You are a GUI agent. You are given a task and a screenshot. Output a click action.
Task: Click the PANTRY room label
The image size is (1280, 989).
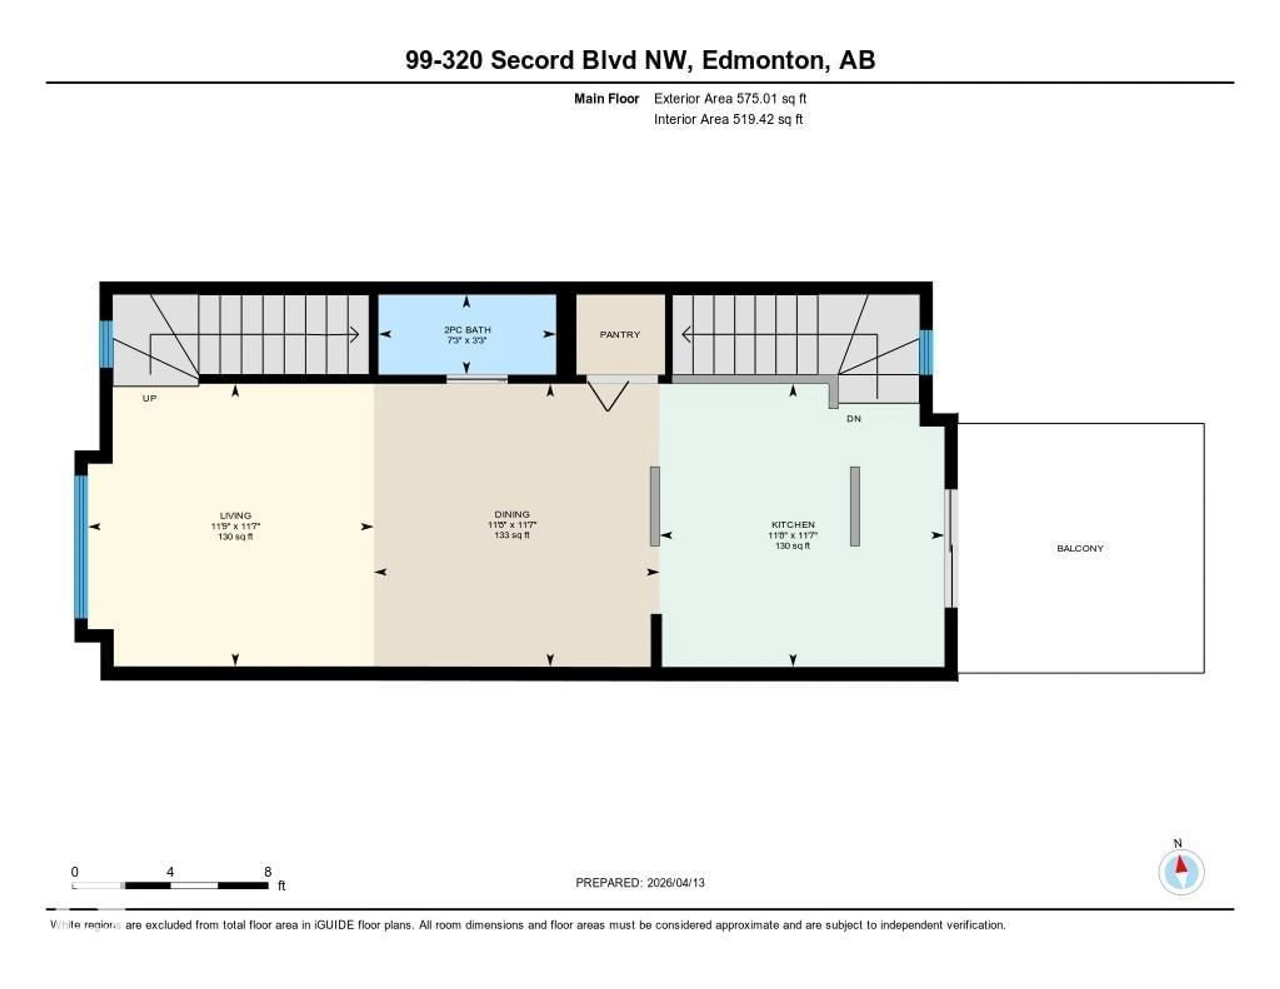point(619,335)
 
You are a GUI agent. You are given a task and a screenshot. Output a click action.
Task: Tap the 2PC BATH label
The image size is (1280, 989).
point(467,330)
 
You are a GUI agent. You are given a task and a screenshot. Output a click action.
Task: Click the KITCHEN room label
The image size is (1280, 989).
point(792,525)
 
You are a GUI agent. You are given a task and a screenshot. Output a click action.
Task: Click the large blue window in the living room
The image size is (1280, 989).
point(81,547)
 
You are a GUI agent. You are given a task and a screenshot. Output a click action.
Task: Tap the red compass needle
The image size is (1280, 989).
point(1182,866)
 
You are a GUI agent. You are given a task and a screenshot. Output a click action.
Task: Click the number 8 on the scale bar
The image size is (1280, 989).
point(268,872)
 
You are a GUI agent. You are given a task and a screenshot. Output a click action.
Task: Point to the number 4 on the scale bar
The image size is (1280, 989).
point(170,872)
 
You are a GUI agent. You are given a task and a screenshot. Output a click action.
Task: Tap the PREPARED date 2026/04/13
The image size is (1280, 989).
point(675,883)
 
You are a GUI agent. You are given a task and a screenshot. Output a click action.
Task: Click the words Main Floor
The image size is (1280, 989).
point(606,98)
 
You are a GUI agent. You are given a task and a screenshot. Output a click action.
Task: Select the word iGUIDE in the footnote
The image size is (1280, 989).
point(333,925)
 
